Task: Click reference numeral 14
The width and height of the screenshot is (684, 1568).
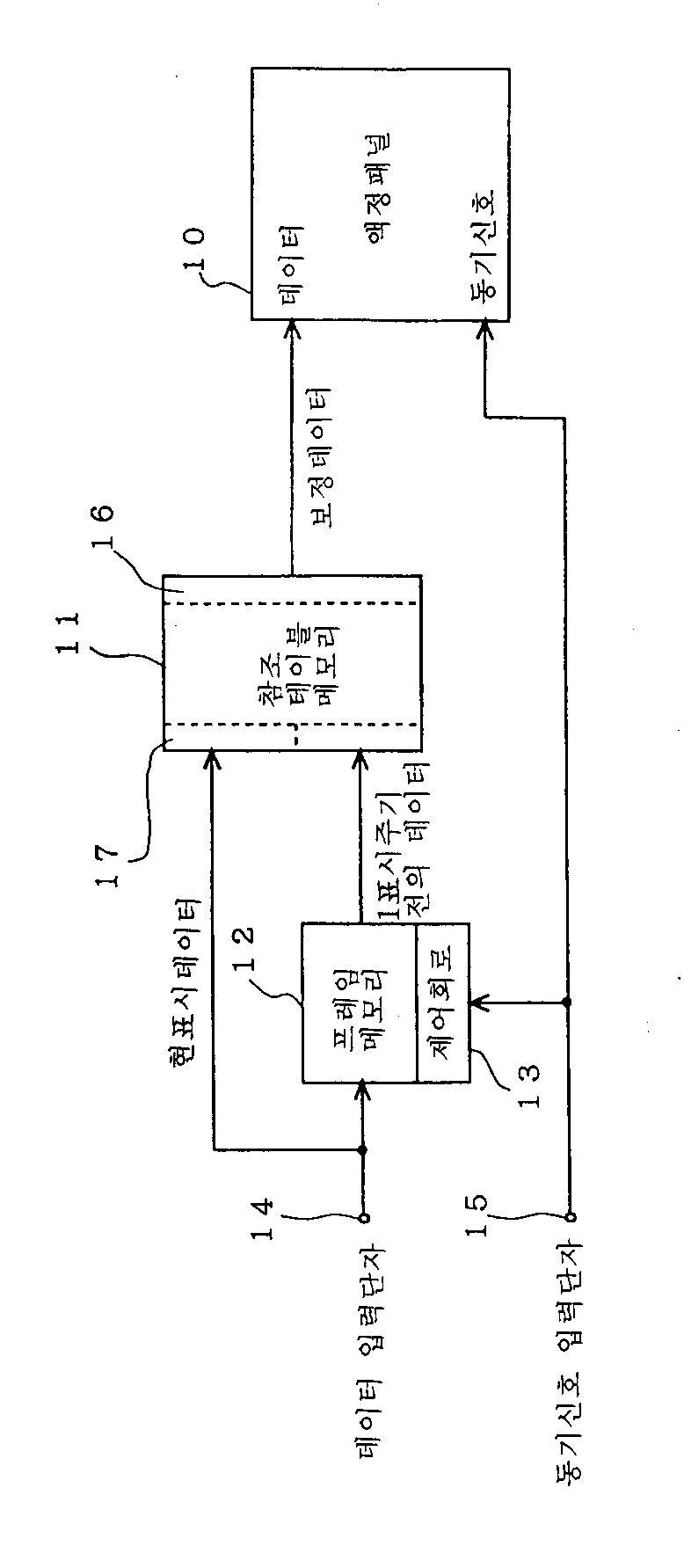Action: (x=265, y=1220)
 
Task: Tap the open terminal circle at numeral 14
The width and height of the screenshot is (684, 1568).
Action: (x=363, y=1218)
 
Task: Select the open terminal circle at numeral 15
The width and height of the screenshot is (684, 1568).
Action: (x=569, y=1218)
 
